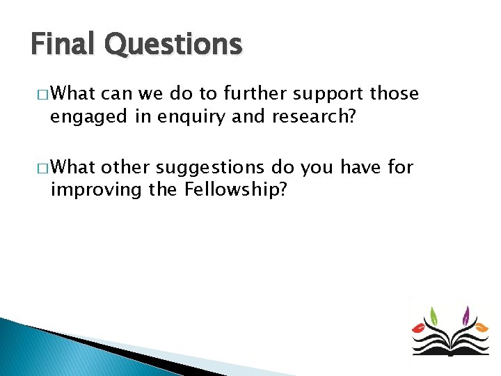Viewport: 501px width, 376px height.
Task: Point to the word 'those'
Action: click(395, 93)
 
